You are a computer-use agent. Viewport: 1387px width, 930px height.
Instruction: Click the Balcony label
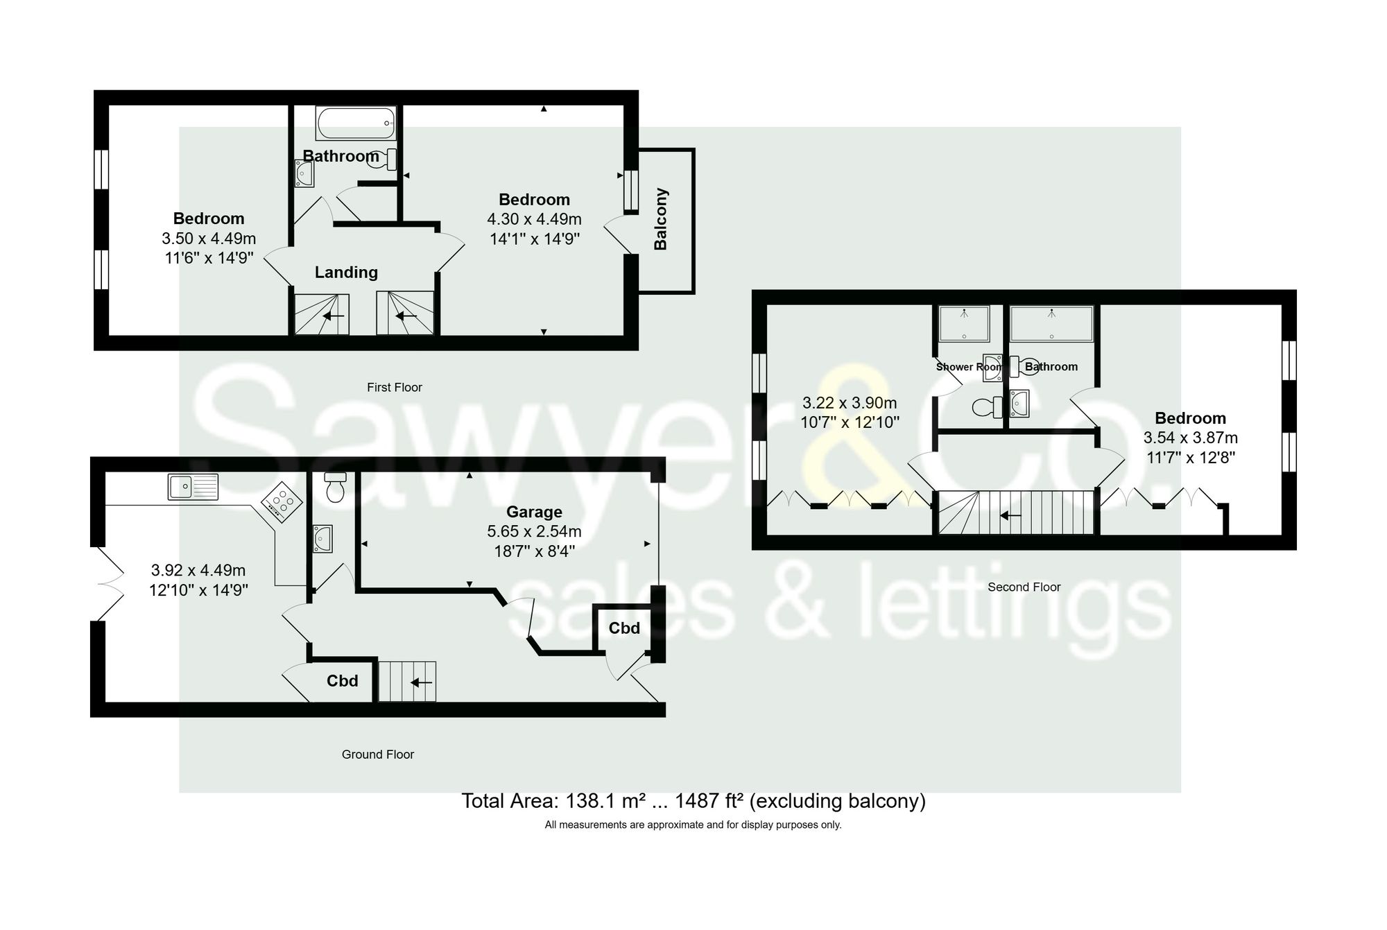[661, 219]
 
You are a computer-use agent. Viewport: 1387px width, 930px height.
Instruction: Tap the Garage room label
[534, 512]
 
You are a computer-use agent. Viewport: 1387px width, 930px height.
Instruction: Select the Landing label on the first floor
[346, 273]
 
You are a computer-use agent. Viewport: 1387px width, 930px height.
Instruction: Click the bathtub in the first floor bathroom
[356, 123]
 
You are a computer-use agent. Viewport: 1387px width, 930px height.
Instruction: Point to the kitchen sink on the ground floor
[193, 487]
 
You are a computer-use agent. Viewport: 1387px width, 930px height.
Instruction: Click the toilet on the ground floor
[336, 488]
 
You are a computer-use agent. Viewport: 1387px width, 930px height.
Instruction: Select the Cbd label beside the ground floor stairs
[343, 681]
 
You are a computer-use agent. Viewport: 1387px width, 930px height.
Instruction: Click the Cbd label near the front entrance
[624, 628]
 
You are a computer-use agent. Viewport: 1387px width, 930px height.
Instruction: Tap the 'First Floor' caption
[394, 388]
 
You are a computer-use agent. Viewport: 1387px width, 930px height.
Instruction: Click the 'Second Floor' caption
[1024, 587]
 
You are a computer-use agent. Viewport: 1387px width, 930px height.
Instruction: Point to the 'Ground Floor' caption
[377, 755]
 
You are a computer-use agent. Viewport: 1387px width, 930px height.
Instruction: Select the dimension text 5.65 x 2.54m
[534, 532]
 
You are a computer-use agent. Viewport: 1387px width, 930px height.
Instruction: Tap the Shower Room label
[968, 367]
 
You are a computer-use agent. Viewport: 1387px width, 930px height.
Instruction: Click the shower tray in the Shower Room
[964, 325]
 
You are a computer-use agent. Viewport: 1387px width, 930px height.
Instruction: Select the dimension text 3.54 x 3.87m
[1190, 438]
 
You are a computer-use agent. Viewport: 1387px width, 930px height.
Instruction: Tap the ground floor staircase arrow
[421, 682]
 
